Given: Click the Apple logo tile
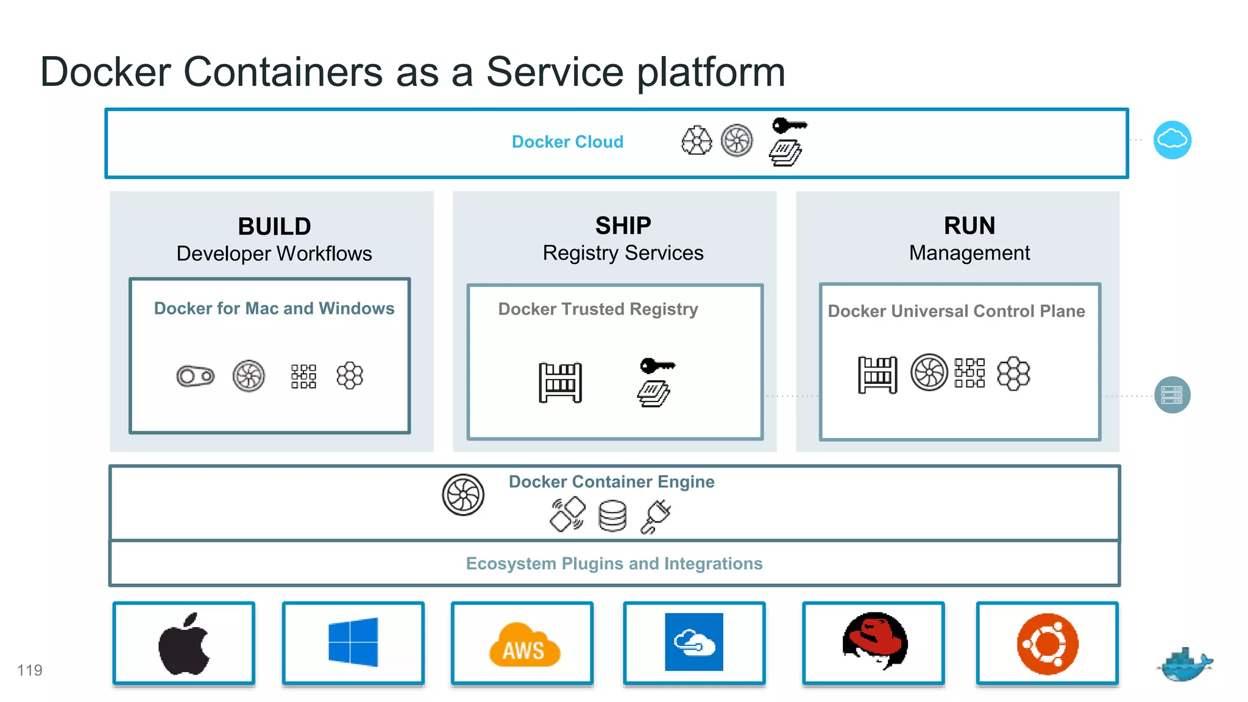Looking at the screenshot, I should click(183, 643).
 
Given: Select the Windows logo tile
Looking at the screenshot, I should click(353, 642).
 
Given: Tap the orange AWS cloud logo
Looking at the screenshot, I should click(523, 646).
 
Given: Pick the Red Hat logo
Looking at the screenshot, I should click(874, 641).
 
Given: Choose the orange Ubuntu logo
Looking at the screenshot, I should click(1047, 643).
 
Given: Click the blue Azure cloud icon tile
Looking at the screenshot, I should click(693, 642).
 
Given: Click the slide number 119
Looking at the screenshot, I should click(29, 670).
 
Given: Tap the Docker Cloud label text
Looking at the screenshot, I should click(567, 142).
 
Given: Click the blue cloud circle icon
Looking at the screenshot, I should click(1172, 140).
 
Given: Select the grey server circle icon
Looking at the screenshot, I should click(1172, 395).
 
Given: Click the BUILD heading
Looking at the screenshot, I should click(274, 227).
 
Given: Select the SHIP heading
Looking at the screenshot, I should click(623, 226).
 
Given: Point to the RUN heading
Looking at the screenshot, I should click(969, 226).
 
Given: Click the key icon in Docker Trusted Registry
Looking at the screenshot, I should click(657, 366).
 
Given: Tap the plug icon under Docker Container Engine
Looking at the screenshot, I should click(656, 516).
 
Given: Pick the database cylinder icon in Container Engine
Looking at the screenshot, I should click(612, 516).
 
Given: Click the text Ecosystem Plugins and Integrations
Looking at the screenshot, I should click(614, 564).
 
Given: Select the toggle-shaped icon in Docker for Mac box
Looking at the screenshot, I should click(195, 376).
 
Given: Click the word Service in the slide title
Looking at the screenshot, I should click(555, 72).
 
